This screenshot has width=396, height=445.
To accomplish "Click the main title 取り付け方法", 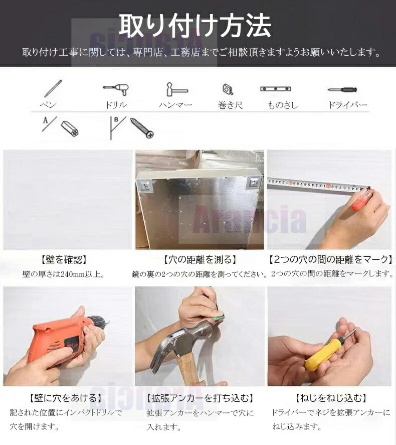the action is tap(194, 26).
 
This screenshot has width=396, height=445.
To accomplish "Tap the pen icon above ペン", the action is tap(53, 88).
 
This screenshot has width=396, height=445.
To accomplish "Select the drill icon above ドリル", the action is tap(116, 90).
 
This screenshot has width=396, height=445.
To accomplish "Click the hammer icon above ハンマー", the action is tap(177, 89).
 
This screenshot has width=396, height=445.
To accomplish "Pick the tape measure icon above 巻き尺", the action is tap(228, 89).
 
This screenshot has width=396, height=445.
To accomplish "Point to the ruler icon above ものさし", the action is tap(276, 89).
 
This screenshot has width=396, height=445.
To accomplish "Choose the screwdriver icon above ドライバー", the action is tap(342, 90).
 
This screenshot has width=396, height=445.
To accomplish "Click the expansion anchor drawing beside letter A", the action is tap(70, 128).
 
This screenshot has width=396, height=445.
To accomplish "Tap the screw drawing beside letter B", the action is tap(142, 128).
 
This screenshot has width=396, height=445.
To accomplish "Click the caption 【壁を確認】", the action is tap(64, 259).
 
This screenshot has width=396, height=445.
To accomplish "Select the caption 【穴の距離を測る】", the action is tap(200, 259).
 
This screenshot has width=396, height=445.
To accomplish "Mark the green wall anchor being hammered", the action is tap(218, 317).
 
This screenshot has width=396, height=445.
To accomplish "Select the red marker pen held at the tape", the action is tap(362, 200).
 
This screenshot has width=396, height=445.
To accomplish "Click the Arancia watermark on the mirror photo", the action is tap(250, 219).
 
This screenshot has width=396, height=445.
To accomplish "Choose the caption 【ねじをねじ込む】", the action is tap(330, 398).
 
